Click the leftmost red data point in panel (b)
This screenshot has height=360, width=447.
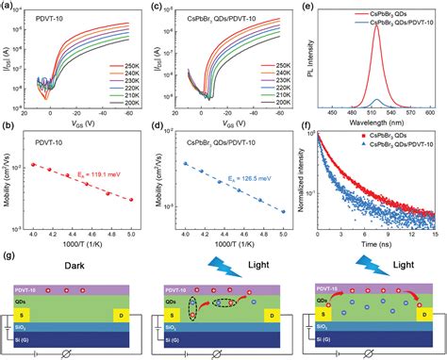33,164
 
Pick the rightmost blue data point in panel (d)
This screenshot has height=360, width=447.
284,211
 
